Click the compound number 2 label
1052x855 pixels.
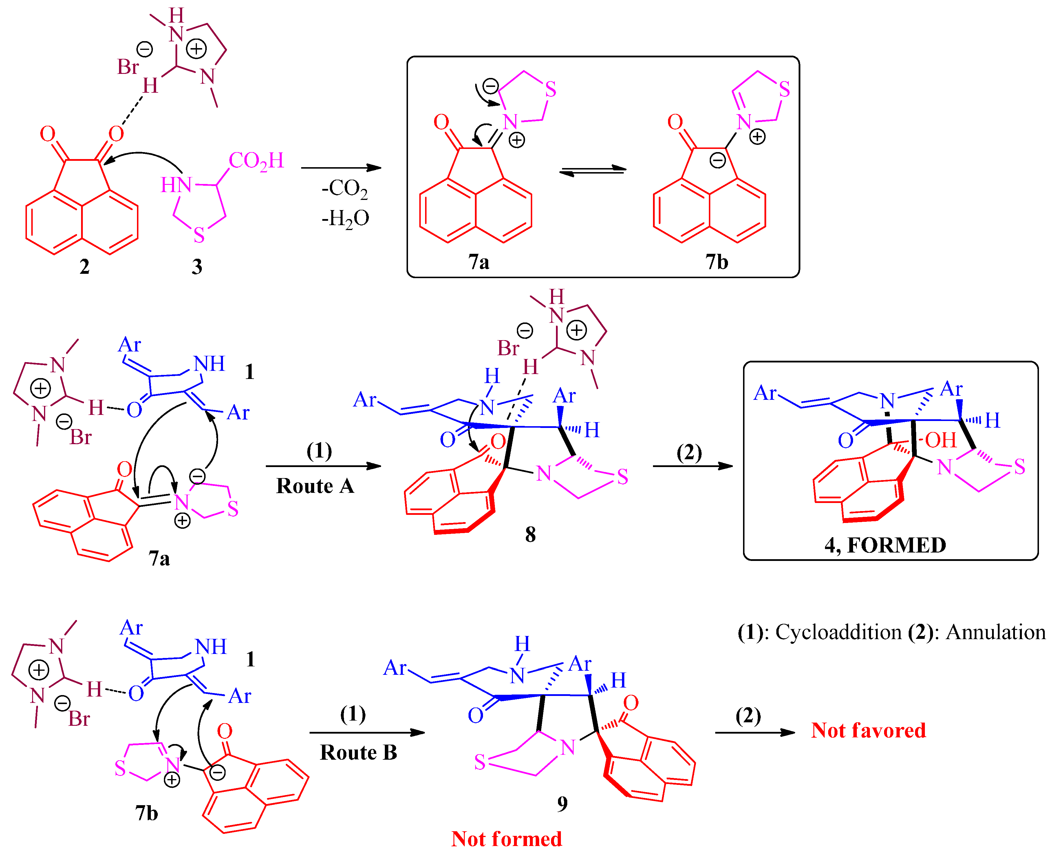(x=85, y=267)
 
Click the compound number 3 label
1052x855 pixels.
(x=197, y=267)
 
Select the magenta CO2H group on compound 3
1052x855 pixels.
(x=256, y=161)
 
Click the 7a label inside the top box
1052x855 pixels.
(x=478, y=262)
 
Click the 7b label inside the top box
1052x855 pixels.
(x=716, y=262)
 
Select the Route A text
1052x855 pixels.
(x=315, y=486)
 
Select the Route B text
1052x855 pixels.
(x=358, y=752)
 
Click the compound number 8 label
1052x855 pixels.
(x=530, y=534)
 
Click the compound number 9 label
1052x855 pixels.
(x=562, y=804)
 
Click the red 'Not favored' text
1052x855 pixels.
(x=868, y=730)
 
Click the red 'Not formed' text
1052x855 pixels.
(x=506, y=839)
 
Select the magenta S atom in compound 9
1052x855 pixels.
(x=480, y=762)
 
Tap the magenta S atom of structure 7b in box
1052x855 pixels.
(x=784, y=90)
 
